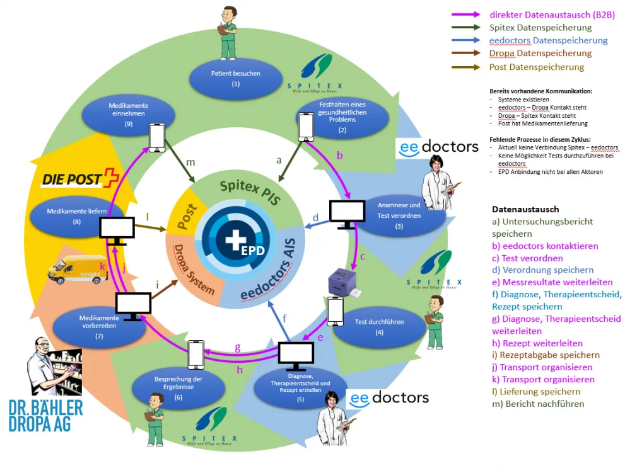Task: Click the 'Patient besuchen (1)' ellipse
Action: (x=235, y=77)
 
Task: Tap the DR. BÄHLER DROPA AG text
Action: (x=45, y=415)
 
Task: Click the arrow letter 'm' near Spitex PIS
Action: (x=190, y=163)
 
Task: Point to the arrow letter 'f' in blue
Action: (x=284, y=318)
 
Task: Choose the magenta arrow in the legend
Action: (x=467, y=14)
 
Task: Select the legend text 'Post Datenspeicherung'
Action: (x=536, y=67)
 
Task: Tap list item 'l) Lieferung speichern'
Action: (x=537, y=392)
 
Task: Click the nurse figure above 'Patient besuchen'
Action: (x=227, y=33)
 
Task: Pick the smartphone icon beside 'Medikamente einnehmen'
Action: (x=157, y=137)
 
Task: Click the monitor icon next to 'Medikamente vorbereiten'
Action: (x=133, y=306)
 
